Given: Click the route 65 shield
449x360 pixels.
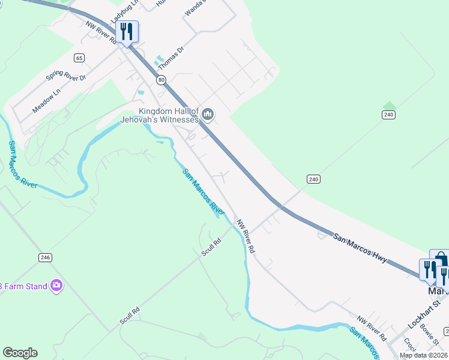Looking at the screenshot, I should [79, 58].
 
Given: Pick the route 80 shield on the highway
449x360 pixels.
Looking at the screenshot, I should [161, 79].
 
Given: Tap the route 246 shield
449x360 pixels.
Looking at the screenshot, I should [45, 257].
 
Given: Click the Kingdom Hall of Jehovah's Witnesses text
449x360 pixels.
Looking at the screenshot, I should [168, 115].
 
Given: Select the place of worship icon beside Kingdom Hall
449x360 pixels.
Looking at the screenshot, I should [208, 114].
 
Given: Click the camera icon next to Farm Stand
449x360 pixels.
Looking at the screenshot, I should [56, 286].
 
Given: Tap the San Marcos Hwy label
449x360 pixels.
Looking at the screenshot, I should [360, 247].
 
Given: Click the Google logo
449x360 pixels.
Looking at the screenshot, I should [20, 353].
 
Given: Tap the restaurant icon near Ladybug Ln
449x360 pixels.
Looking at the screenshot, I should [127, 31].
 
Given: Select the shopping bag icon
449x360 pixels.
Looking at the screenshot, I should [441, 260].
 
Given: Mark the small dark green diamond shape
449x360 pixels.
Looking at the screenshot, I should [390, 106].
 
